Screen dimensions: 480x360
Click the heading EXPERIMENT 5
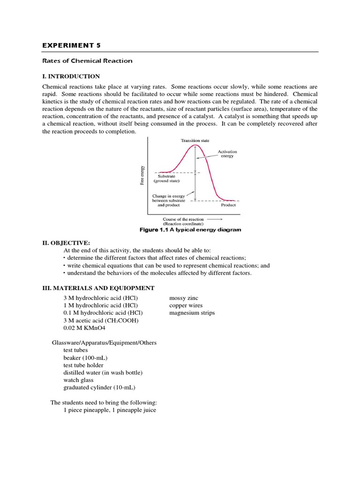(71, 45)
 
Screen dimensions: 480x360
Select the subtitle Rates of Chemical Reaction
(87, 61)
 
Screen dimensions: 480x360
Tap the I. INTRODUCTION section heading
(71, 76)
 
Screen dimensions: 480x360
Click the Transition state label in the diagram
(196, 140)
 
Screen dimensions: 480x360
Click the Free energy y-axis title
(142, 175)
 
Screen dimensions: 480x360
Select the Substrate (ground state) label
(166, 179)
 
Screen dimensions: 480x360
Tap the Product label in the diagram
(228, 205)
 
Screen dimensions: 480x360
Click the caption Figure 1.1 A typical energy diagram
(191, 230)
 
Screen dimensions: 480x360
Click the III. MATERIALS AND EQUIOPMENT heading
(98, 288)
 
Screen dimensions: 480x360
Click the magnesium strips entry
(192, 313)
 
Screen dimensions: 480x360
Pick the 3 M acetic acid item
(101, 321)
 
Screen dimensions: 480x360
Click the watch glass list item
(78, 380)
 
